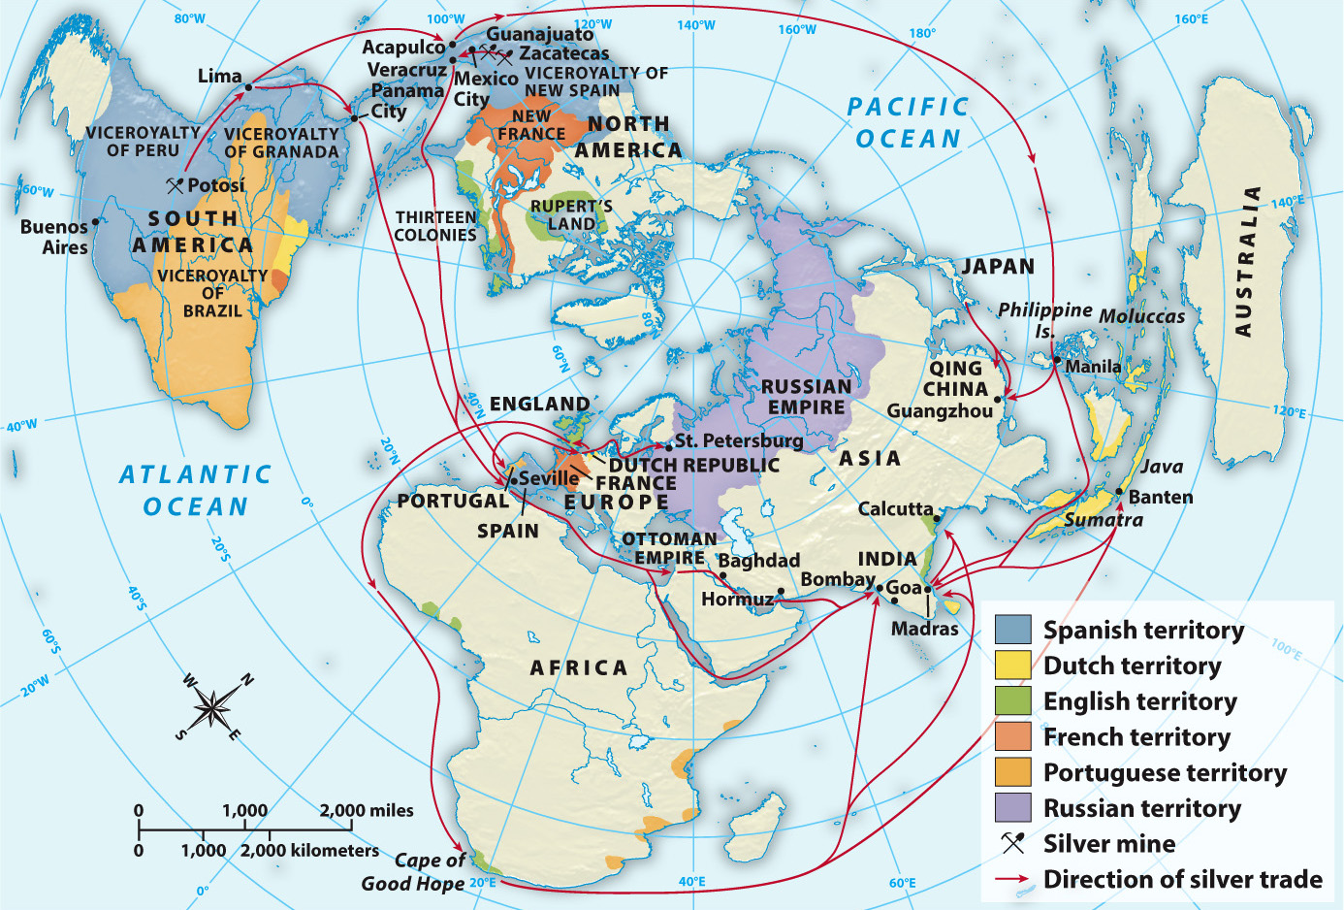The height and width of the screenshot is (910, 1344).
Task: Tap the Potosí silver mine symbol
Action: pyautogui.click(x=175, y=184)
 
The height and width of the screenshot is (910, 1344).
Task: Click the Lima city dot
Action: pyautogui.click(x=248, y=87)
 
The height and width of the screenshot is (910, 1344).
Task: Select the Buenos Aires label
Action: pyautogui.click(x=55, y=237)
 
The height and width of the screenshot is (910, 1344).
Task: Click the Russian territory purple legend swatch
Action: pyautogui.click(x=1012, y=807)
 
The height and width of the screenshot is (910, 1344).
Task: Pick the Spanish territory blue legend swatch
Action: pyautogui.click(x=1012, y=630)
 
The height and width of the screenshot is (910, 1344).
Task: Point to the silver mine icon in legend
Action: pyautogui.click(x=1012, y=843)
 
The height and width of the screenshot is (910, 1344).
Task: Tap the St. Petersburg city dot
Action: pyautogui.click(x=668, y=447)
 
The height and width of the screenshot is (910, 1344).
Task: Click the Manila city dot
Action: pyautogui.click(x=1056, y=359)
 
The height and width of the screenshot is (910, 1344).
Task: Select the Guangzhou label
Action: pyautogui.click(x=939, y=411)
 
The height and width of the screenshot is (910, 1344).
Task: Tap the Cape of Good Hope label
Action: pyautogui.click(x=414, y=872)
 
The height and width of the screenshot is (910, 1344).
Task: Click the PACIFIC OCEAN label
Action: pyautogui.click(x=908, y=123)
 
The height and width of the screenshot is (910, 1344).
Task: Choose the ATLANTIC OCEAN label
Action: pyautogui.click(x=196, y=491)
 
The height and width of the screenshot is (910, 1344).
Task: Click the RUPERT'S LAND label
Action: pyautogui.click(x=571, y=215)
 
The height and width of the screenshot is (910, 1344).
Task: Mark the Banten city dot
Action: pyautogui.click(x=1120, y=492)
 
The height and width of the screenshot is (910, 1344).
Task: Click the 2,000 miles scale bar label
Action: pyautogui.click(x=367, y=810)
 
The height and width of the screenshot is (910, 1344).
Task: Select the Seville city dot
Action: pyautogui.click(x=513, y=480)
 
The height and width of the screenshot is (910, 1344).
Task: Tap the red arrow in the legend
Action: pyautogui.click(x=1012, y=879)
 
